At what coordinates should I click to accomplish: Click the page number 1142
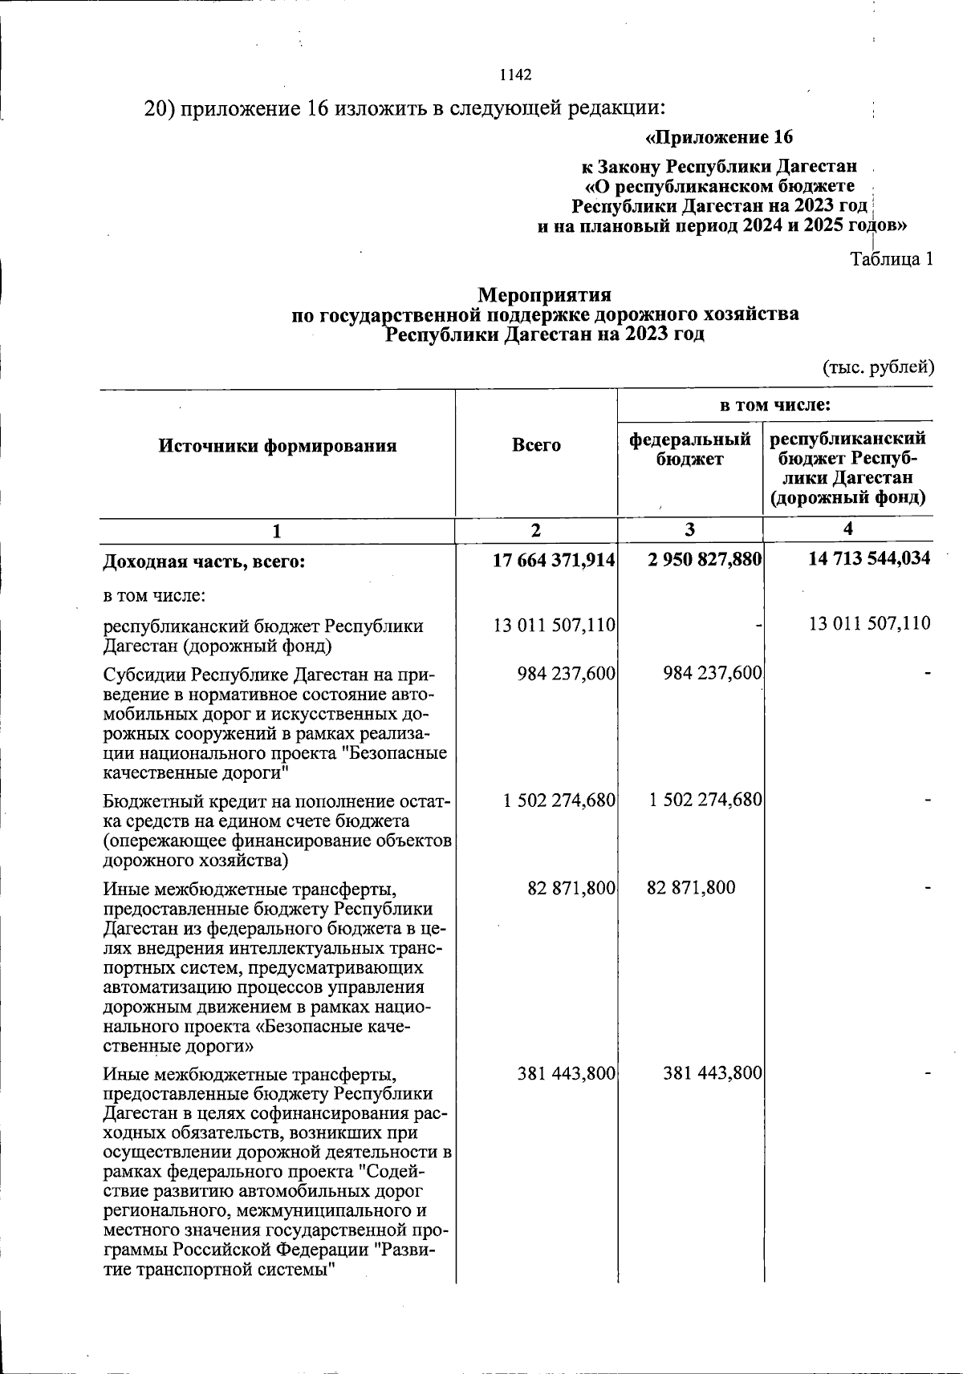click(x=515, y=75)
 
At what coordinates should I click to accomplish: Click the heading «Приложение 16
click(x=719, y=137)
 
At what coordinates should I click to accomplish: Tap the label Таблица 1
click(x=891, y=260)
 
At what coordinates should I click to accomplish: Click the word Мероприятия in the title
click(x=544, y=296)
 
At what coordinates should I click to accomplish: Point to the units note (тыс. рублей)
click(x=878, y=367)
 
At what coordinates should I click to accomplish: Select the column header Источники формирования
click(x=278, y=447)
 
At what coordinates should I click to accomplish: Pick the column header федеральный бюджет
click(x=690, y=449)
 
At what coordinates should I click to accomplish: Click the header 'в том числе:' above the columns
click(x=774, y=406)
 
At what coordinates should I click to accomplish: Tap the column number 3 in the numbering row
click(x=689, y=530)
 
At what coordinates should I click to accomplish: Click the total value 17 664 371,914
click(x=554, y=561)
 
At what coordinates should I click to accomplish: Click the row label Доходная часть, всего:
click(x=205, y=562)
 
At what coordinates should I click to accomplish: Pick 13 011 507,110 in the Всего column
click(x=555, y=625)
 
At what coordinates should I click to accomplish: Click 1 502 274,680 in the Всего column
click(x=559, y=800)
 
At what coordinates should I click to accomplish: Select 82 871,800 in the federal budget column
click(x=690, y=888)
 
